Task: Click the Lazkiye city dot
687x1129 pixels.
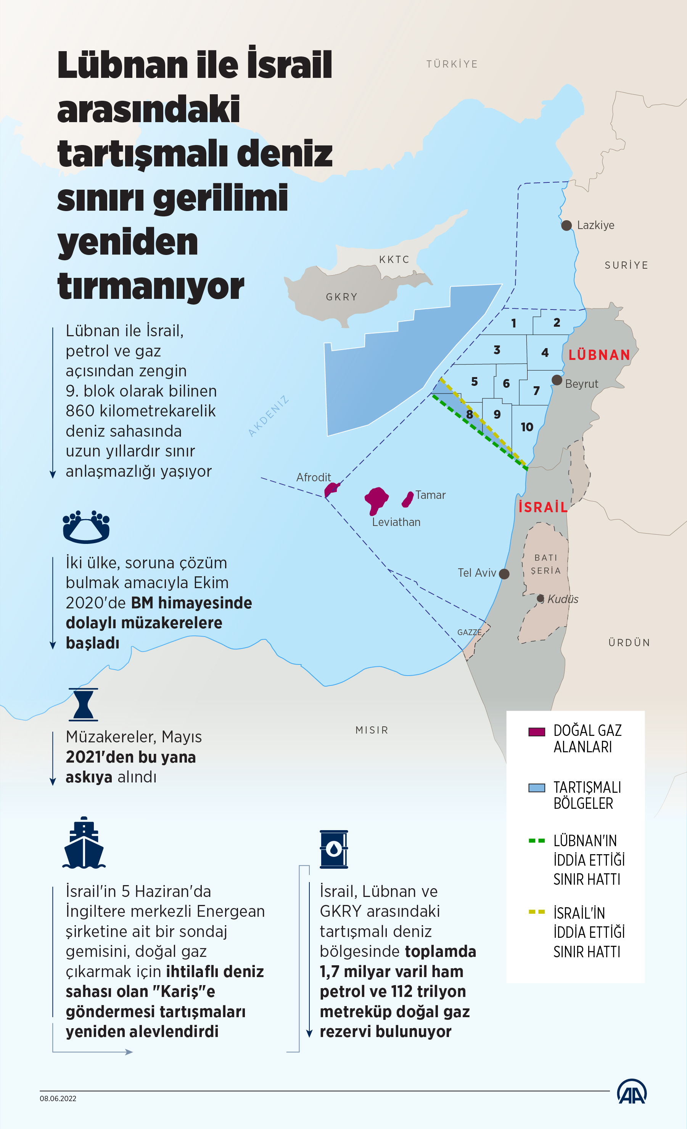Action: [x=566, y=226]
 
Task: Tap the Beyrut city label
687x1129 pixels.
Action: [x=581, y=384]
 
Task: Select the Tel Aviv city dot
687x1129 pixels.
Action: [x=504, y=574]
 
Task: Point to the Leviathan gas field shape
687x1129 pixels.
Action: [x=376, y=500]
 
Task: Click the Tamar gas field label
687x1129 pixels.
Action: [x=431, y=495]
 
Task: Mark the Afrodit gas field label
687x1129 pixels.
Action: [x=313, y=477]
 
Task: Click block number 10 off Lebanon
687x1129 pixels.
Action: [x=527, y=427]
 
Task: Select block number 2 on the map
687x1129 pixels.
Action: [x=557, y=323]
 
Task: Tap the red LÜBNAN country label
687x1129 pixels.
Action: [x=599, y=355]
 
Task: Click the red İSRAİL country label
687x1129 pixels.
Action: [x=543, y=507]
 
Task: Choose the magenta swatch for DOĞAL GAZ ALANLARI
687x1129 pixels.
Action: [x=536, y=732]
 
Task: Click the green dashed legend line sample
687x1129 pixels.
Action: [x=536, y=841]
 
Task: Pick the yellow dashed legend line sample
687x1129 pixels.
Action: [x=536, y=912]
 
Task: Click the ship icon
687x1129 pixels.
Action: [x=84, y=843]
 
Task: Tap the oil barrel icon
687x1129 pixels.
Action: [x=334, y=849]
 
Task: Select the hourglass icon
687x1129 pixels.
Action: [x=84, y=705]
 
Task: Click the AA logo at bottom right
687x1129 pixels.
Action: [x=632, y=1092]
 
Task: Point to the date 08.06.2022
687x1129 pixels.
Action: [x=58, y=1099]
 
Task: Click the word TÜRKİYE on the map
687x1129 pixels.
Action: [x=452, y=64]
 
